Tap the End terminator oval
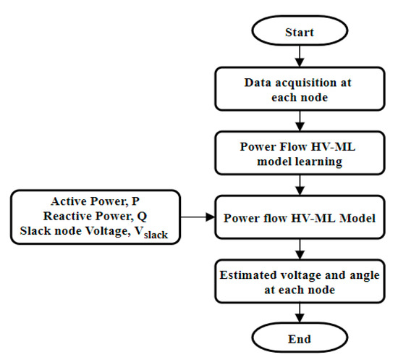(299, 338)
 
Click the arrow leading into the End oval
(299, 311)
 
